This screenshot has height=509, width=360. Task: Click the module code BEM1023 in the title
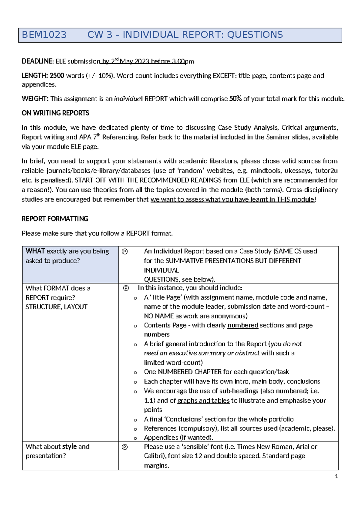(x=44, y=35)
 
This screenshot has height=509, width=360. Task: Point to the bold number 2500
(x=57, y=76)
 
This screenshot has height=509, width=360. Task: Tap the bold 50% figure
(x=235, y=99)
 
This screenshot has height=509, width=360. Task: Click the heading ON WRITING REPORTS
(x=55, y=113)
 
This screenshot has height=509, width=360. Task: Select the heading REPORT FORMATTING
(x=55, y=219)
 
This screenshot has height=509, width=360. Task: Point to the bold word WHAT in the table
(x=35, y=251)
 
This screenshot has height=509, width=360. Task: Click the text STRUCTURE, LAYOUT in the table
(x=56, y=307)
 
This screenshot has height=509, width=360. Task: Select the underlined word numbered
(x=243, y=325)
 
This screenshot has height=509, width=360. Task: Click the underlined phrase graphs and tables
(x=203, y=401)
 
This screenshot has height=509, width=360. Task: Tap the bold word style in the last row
(x=70, y=447)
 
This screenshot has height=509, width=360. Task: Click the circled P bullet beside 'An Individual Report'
(x=125, y=251)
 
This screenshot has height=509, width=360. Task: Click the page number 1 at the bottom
(x=336, y=476)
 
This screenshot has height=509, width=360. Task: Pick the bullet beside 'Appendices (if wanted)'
(x=135, y=438)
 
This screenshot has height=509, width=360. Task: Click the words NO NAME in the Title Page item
(x=159, y=316)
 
